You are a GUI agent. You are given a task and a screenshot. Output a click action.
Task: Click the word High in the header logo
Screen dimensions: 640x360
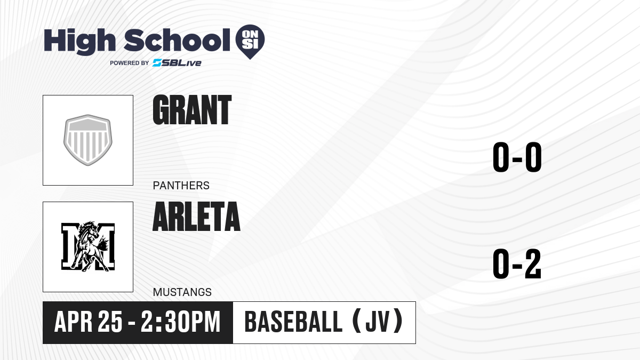pos(79,42)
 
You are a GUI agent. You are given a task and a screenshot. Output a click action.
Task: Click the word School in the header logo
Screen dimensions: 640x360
pos(177,40)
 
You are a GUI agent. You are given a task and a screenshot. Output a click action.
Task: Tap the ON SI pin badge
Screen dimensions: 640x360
pos(250,42)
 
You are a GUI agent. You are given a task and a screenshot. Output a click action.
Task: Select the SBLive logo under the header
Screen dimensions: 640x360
pos(177,63)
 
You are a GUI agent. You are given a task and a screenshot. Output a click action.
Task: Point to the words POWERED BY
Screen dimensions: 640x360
pos(130,63)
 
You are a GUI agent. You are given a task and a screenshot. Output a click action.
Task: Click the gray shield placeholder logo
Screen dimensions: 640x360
pos(87,140)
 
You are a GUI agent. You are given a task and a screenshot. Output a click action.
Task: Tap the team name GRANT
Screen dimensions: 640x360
pos(192,110)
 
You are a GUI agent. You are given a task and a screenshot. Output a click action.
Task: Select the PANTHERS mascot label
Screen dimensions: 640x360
pos(181,186)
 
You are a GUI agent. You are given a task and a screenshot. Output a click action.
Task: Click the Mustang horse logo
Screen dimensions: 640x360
pos(88,246)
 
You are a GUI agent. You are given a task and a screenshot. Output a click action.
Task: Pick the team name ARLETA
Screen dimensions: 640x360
pos(197,217)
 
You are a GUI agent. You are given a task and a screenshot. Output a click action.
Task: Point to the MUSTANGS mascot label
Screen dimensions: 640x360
pos(182,292)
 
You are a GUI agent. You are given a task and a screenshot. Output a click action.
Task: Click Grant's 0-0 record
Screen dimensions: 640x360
pos(517,157)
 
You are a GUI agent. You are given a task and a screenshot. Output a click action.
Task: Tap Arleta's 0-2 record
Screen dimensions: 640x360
pos(517,263)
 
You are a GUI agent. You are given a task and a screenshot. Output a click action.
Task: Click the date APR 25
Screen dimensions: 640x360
pos(89,322)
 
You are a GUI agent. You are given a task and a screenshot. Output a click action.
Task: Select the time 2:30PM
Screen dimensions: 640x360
pos(181,322)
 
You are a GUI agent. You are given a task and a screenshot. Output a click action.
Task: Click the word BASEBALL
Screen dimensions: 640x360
pos(293,322)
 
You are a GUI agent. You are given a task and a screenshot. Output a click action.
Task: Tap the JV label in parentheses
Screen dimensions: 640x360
pos(378,322)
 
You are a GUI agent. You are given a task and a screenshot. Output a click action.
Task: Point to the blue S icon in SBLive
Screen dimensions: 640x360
pos(157,63)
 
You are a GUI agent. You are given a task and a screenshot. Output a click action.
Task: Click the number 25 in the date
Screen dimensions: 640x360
pos(110,322)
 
